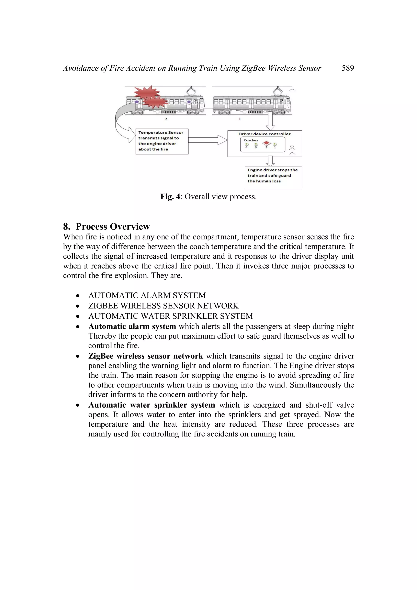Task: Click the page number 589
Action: coord(348,68)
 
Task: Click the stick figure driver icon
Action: coord(292,150)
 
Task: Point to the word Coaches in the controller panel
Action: coord(250,140)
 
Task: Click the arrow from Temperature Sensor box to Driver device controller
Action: coord(208,140)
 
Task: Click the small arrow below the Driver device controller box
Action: coord(270,161)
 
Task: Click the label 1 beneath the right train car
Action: coord(240,119)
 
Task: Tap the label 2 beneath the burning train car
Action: coord(166,119)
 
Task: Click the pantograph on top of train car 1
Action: coord(278,90)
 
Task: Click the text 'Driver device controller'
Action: coord(264,134)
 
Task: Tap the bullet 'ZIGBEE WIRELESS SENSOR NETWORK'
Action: coord(164,306)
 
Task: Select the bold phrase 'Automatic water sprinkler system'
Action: coord(151,405)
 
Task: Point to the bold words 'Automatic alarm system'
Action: coord(132,327)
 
